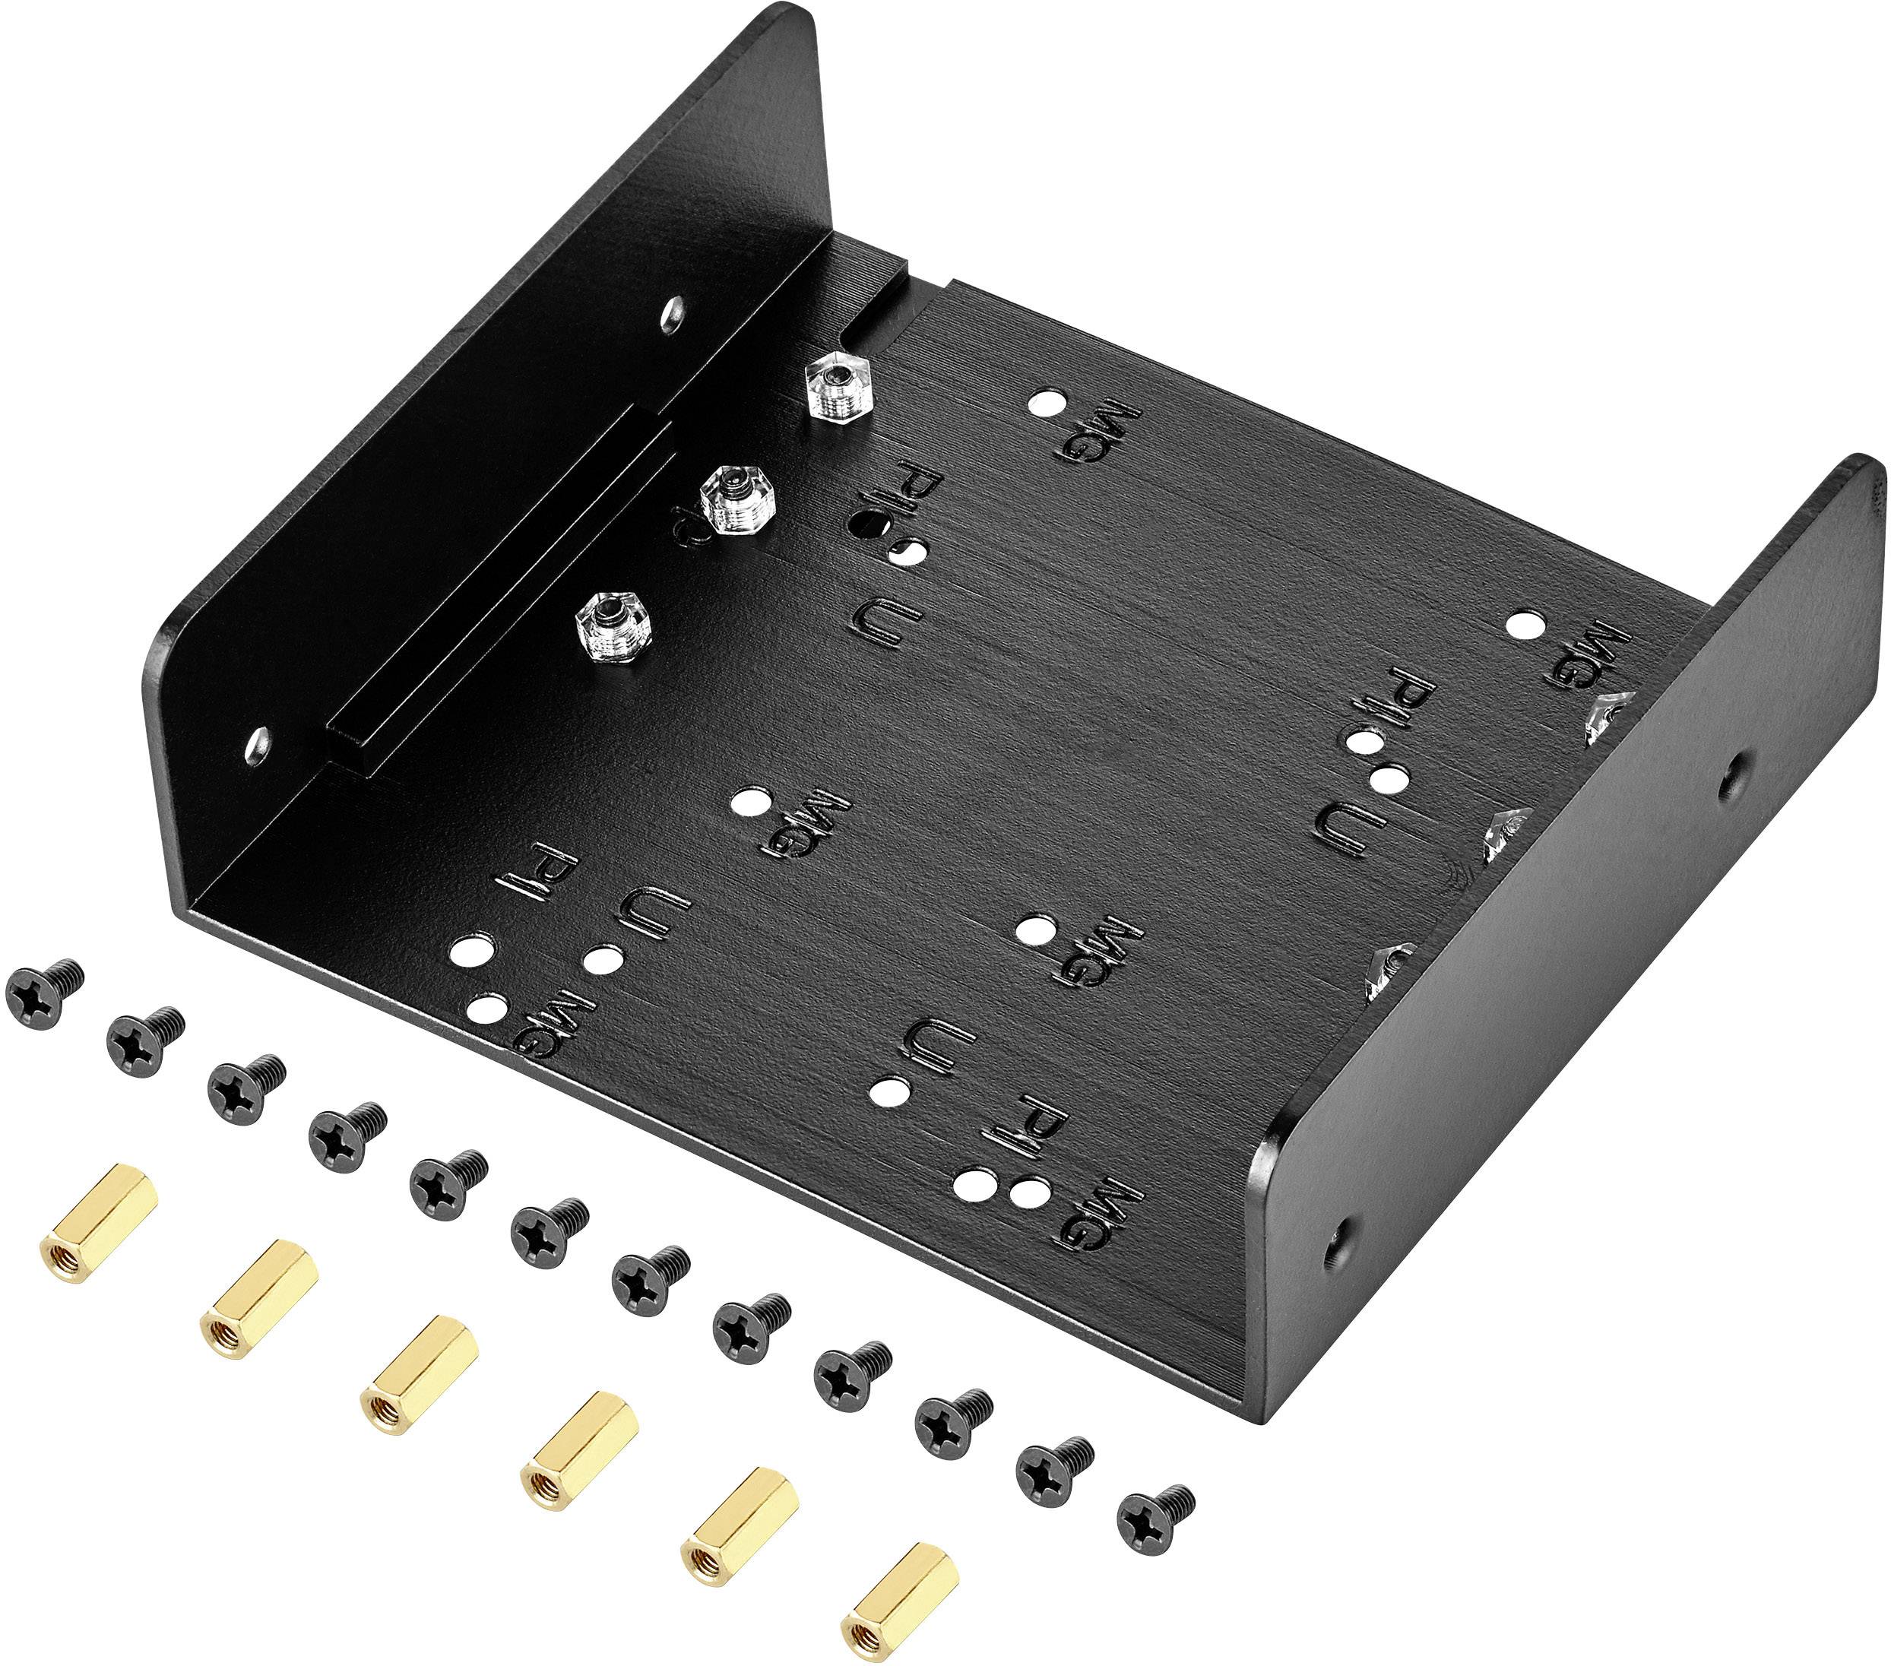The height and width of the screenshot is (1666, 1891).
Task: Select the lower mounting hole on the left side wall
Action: point(259,743)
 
